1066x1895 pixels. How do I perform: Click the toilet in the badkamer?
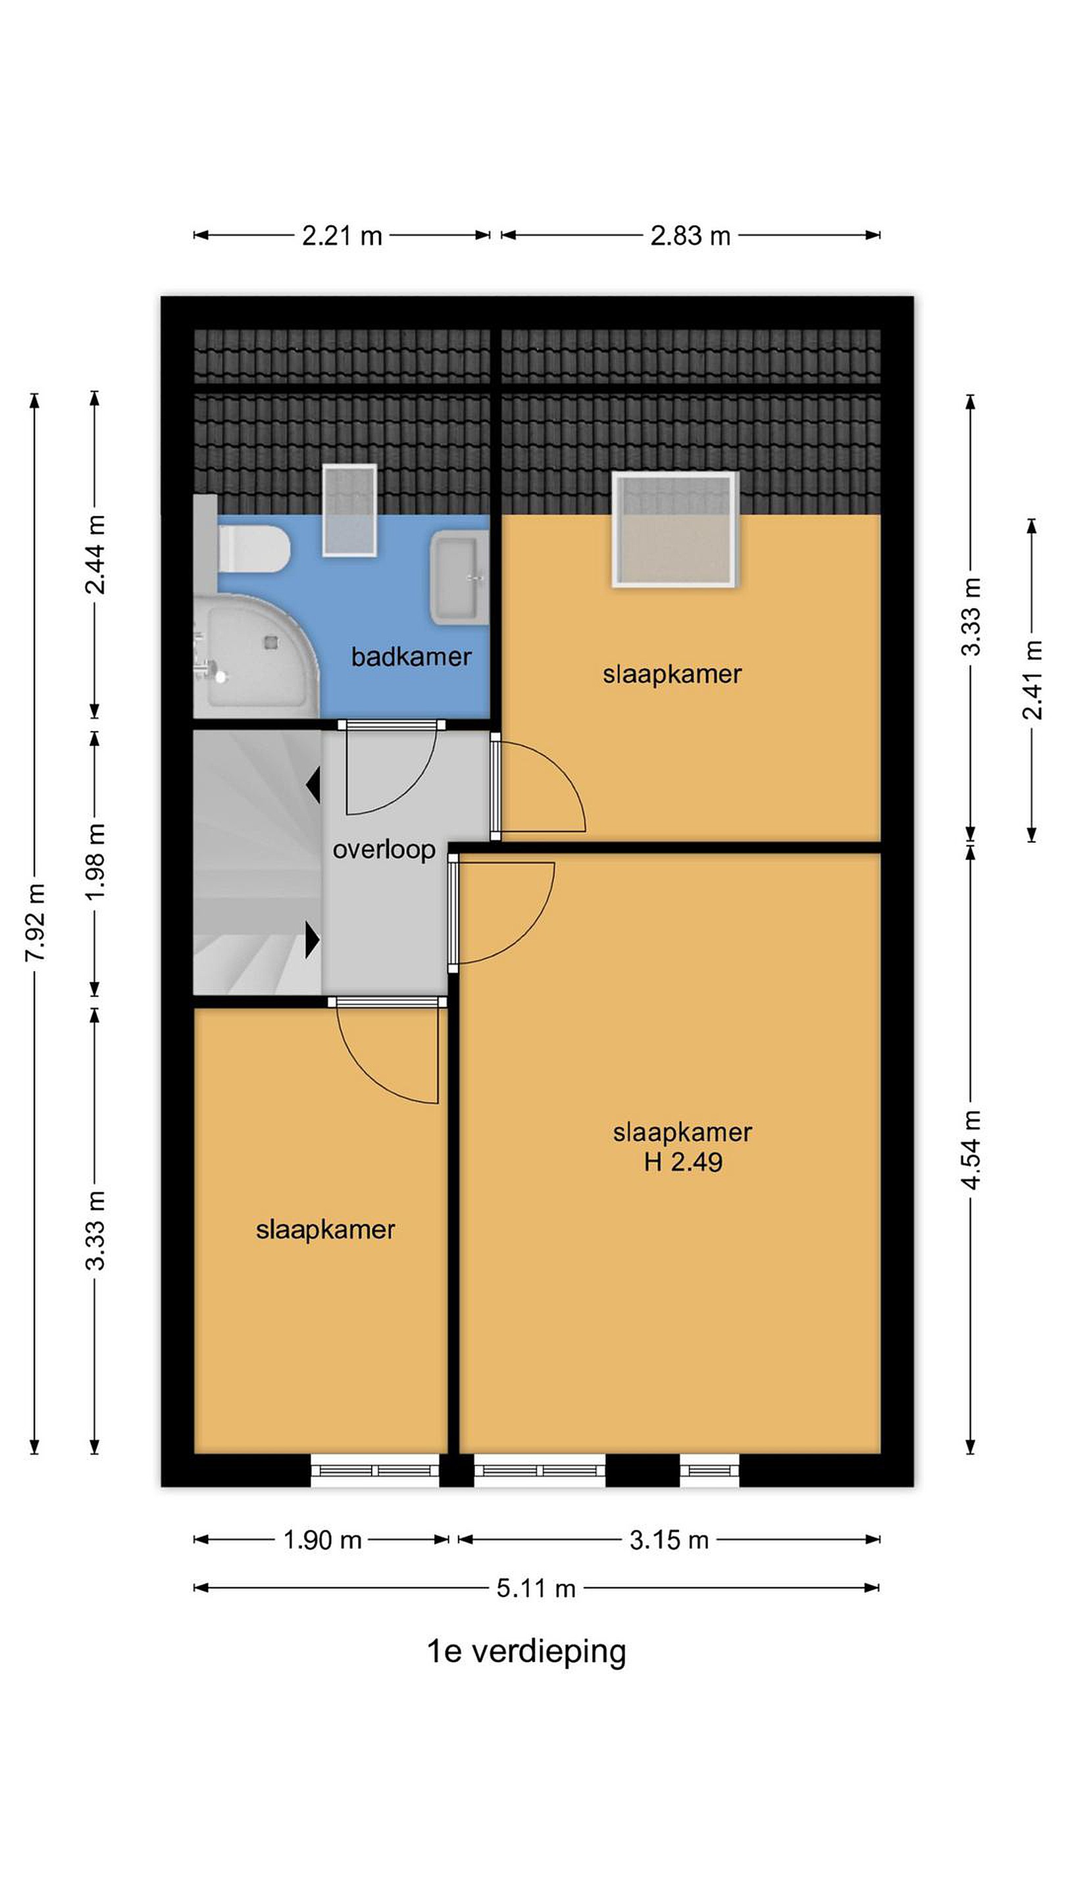point(253,548)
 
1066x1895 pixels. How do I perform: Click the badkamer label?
point(411,656)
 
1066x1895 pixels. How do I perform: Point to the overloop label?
point(384,850)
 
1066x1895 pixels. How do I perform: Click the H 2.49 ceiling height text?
point(684,1162)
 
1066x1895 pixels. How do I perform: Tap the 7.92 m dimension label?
point(36,922)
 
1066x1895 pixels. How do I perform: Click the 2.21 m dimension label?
point(342,236)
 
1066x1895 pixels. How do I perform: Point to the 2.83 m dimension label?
point(690,236)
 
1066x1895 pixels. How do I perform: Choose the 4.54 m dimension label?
point(971,1150)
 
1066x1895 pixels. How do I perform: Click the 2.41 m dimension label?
point(1032,680)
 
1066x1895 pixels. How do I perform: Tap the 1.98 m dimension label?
point(95,861)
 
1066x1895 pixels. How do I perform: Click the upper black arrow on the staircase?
point(313,784)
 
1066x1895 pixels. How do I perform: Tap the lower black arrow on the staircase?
point(313,940)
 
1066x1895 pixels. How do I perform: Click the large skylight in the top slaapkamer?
point(674,529)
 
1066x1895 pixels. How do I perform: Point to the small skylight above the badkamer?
point(350,510)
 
